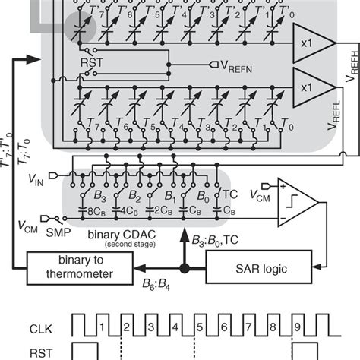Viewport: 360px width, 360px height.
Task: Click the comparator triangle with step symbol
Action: point(297,201)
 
